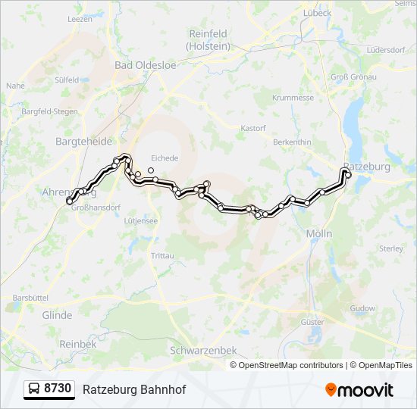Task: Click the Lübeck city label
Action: click(316, 13)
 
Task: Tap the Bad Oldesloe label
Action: click(145, 65)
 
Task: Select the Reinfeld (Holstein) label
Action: click(209, 39)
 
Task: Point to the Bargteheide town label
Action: click(83, 142)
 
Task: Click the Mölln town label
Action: click(319, 234)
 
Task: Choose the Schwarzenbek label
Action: click(203, 351)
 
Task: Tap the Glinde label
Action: click(57, 315)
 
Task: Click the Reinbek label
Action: click(78, 343)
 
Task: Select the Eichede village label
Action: click(165, 158)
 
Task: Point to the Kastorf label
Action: click(252, 128)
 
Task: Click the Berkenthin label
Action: click(292, 142)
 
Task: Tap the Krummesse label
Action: click(293, 98)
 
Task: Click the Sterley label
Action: click(390, 248)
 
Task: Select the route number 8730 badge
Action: click(49, 389)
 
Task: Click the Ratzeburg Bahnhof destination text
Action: click(133, 389)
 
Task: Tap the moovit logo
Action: click(359, 390)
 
